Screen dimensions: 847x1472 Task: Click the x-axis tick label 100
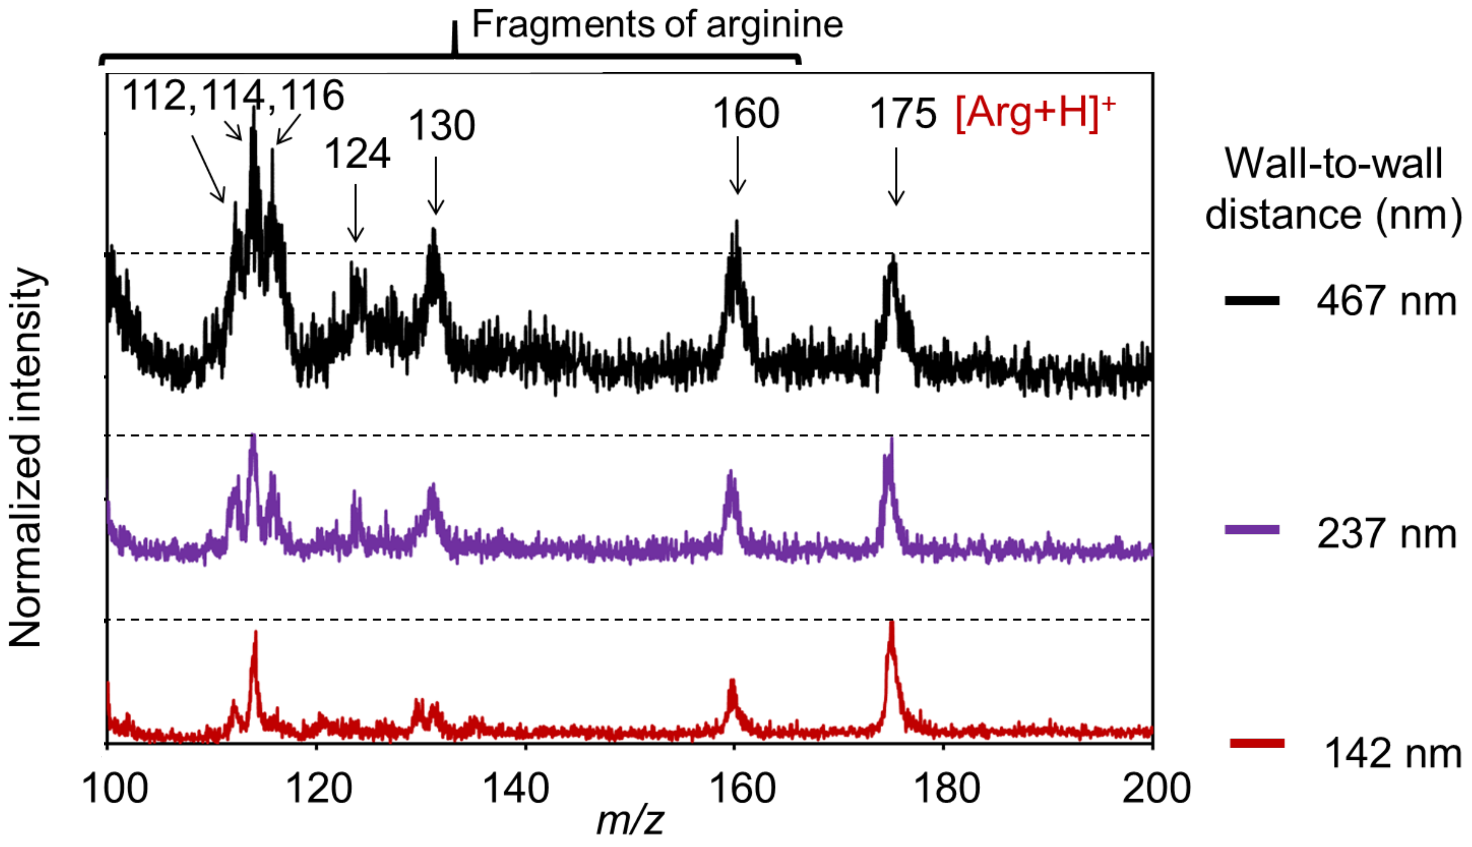115,789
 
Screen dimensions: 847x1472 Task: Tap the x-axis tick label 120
319,789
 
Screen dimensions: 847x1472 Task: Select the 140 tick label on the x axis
516,789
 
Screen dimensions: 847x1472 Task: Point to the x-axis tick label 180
946,789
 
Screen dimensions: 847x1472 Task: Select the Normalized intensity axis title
26,457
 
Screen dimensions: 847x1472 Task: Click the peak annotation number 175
903,113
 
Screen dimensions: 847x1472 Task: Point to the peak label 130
442,126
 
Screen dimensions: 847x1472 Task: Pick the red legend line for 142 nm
1257,743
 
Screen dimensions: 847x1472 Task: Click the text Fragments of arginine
657,24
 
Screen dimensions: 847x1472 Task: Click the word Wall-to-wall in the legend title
1333,164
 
